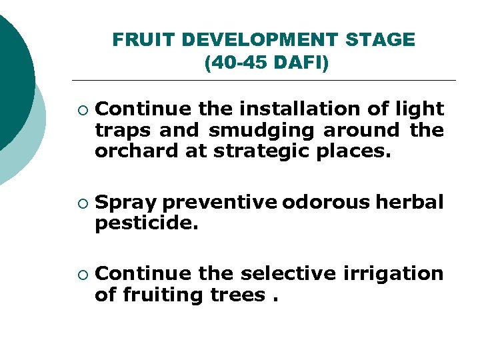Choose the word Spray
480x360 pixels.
pyautogui.click(x=126, y=203)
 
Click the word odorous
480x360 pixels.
pyautogui.click(x=326, y=203)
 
